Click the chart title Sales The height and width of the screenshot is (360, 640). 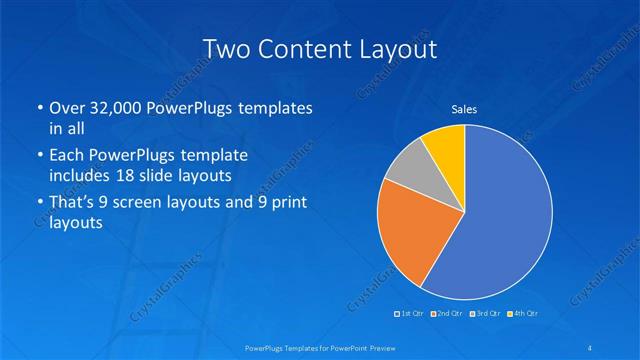[464, 108]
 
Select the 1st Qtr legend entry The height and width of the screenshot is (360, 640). [409, 314]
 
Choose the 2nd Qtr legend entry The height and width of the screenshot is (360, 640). [447, 314]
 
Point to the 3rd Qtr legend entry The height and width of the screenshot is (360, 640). [484, 314]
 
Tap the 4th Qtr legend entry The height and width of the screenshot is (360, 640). [522, 314]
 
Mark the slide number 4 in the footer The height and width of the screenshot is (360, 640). [590, 346]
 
